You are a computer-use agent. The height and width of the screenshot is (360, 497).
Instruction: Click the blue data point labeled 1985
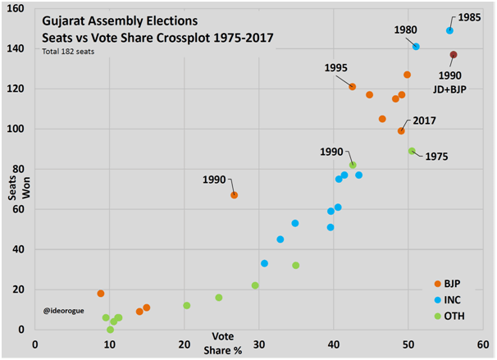coord(449,30)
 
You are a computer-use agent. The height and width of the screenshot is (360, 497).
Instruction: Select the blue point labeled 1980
coord(416,47)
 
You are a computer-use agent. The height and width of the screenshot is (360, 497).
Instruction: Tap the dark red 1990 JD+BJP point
coord(454,55)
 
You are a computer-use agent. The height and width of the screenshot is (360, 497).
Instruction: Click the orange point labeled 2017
coord(401,130)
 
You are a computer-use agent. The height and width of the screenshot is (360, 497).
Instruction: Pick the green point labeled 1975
coord(412,151)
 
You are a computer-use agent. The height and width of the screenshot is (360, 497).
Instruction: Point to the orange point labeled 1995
coord(352,86)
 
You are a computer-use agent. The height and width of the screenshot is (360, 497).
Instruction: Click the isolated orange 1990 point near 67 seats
coord(234,195)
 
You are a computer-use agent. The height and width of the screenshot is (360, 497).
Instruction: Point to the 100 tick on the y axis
coord(16,129)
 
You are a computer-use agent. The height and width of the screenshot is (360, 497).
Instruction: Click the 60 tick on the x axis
coord(483,344)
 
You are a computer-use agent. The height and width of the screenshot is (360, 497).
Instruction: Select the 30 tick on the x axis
coord(259,344)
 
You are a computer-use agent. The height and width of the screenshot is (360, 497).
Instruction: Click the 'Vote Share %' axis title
coord(223,343)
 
